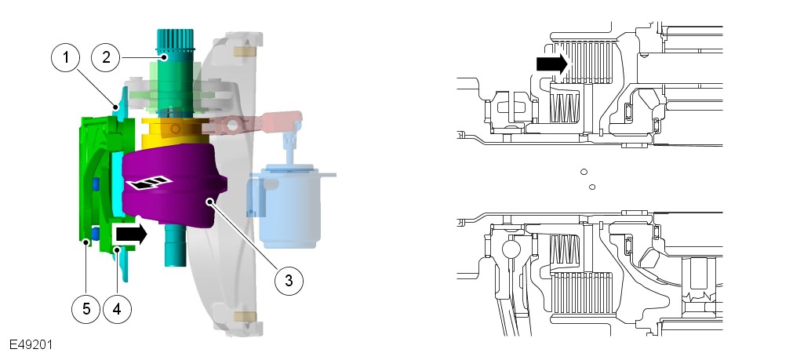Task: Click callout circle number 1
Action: (x=66, y=57)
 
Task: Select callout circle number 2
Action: (x=106, y=57)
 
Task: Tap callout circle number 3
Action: (x=289, y=281)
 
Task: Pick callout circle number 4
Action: (x=117, y=308)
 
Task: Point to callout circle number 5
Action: (x=86, y=308)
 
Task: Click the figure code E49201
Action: (x=31, y=345)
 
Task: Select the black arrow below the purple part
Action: (x=132, y=235)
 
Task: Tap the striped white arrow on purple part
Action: (x=149, y=183)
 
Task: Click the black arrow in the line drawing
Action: (x=553, y=64)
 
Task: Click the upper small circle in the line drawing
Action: (x=584, y=172)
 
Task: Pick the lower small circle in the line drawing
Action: (x=592, y=187)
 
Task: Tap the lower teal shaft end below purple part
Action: (x=174, y=245)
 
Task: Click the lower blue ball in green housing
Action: (x=95, y=233)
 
